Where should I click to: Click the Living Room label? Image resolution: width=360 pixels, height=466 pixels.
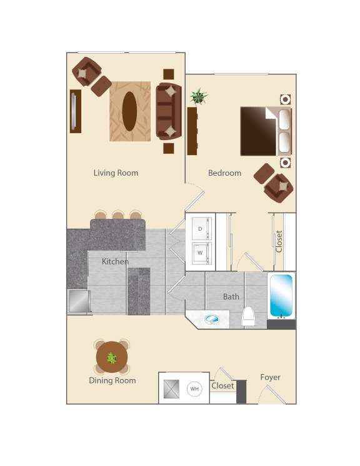pos(116,173)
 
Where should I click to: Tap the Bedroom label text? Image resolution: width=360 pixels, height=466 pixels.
pos(224,173)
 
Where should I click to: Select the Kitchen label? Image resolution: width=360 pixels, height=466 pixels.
pos(116,261)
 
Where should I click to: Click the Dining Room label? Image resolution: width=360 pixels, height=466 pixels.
pos(112,380)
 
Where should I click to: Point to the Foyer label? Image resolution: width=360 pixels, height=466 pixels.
pos(271,377)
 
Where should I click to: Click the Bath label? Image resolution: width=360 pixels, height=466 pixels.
pos(231,296)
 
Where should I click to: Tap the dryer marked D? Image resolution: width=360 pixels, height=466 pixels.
pos(201,229)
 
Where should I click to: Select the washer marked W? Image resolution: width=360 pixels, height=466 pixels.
pos(201,253)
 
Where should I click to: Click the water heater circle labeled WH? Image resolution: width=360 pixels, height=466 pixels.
pos(194,389)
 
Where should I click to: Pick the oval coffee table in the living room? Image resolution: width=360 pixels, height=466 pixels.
pos(129,111)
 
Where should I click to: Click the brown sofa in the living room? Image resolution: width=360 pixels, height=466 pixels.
pos(168,111)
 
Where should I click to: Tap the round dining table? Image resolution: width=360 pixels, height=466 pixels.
pos(112,358)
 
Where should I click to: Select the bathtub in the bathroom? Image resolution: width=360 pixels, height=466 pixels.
pos(281,295)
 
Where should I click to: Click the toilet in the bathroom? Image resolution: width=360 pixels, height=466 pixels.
pos(248,317)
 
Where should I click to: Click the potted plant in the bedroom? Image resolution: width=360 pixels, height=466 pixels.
pos(199,97)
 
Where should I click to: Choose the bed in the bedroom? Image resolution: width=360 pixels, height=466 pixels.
pos(266,131)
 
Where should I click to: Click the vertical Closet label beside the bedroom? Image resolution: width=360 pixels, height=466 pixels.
pos(279,241)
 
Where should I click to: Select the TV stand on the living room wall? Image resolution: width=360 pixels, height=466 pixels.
pos(75,111)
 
